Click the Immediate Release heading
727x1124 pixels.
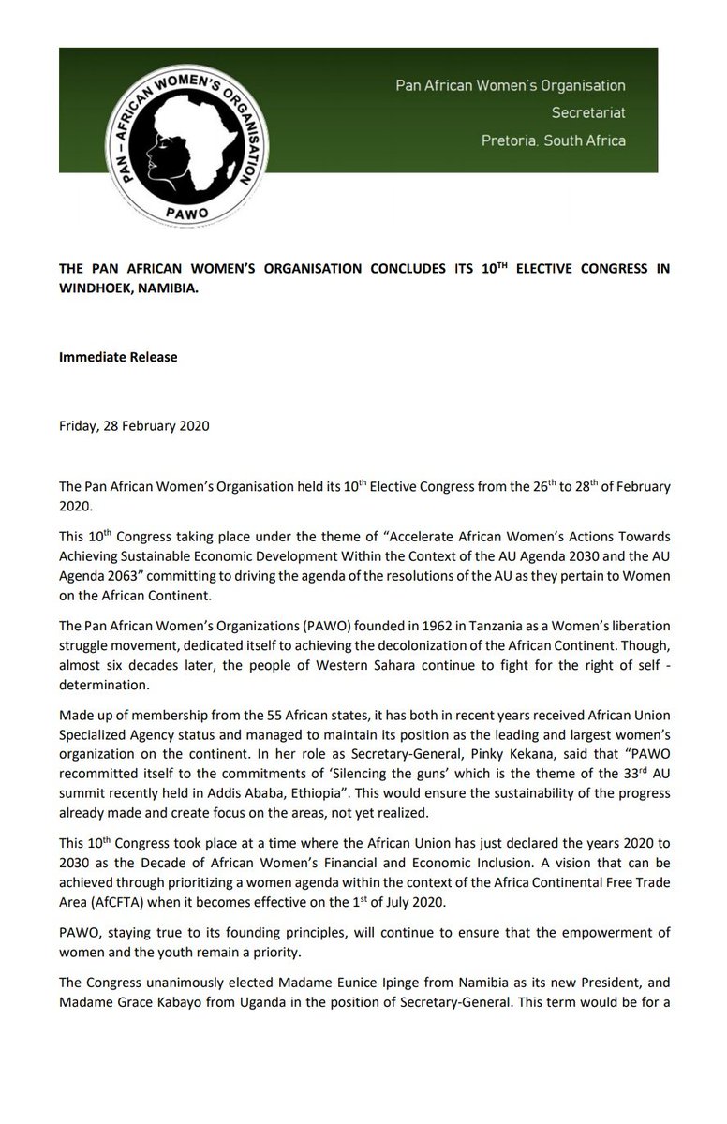click(118, 357)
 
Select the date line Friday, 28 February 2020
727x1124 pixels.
click(134, 425)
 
